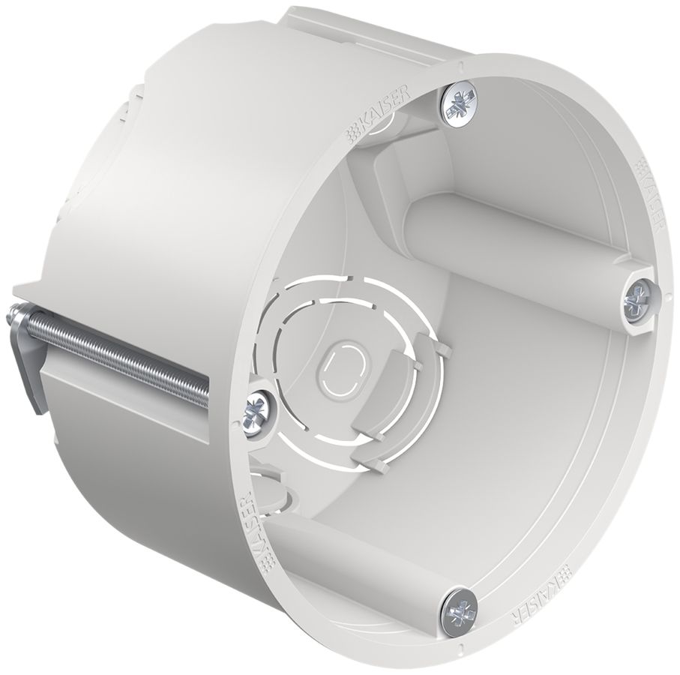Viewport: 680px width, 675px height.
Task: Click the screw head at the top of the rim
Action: coord(460,103)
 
